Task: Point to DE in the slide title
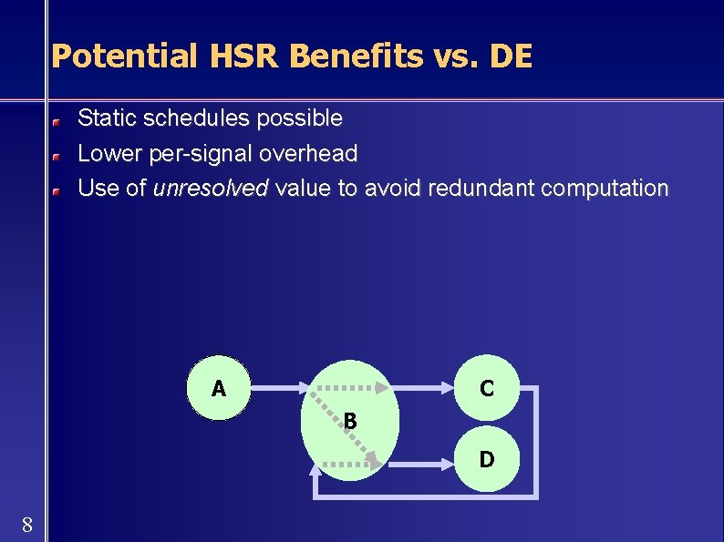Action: (x=511, y=56)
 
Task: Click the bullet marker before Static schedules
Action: (x=56, y=120)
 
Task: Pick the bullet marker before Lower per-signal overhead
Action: (x=56, y=156)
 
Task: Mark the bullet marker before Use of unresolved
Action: (x=56, y=191)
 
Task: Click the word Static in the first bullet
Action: (x=103, y=118)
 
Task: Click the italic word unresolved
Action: (x=211, y=189)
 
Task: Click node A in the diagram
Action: (x=219, y=389)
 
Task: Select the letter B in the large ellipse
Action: (x=350, y=421)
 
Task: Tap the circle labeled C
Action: (x=487, y=389)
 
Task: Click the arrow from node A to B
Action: (x=278, y=389)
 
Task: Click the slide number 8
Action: (x=27, y=524)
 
